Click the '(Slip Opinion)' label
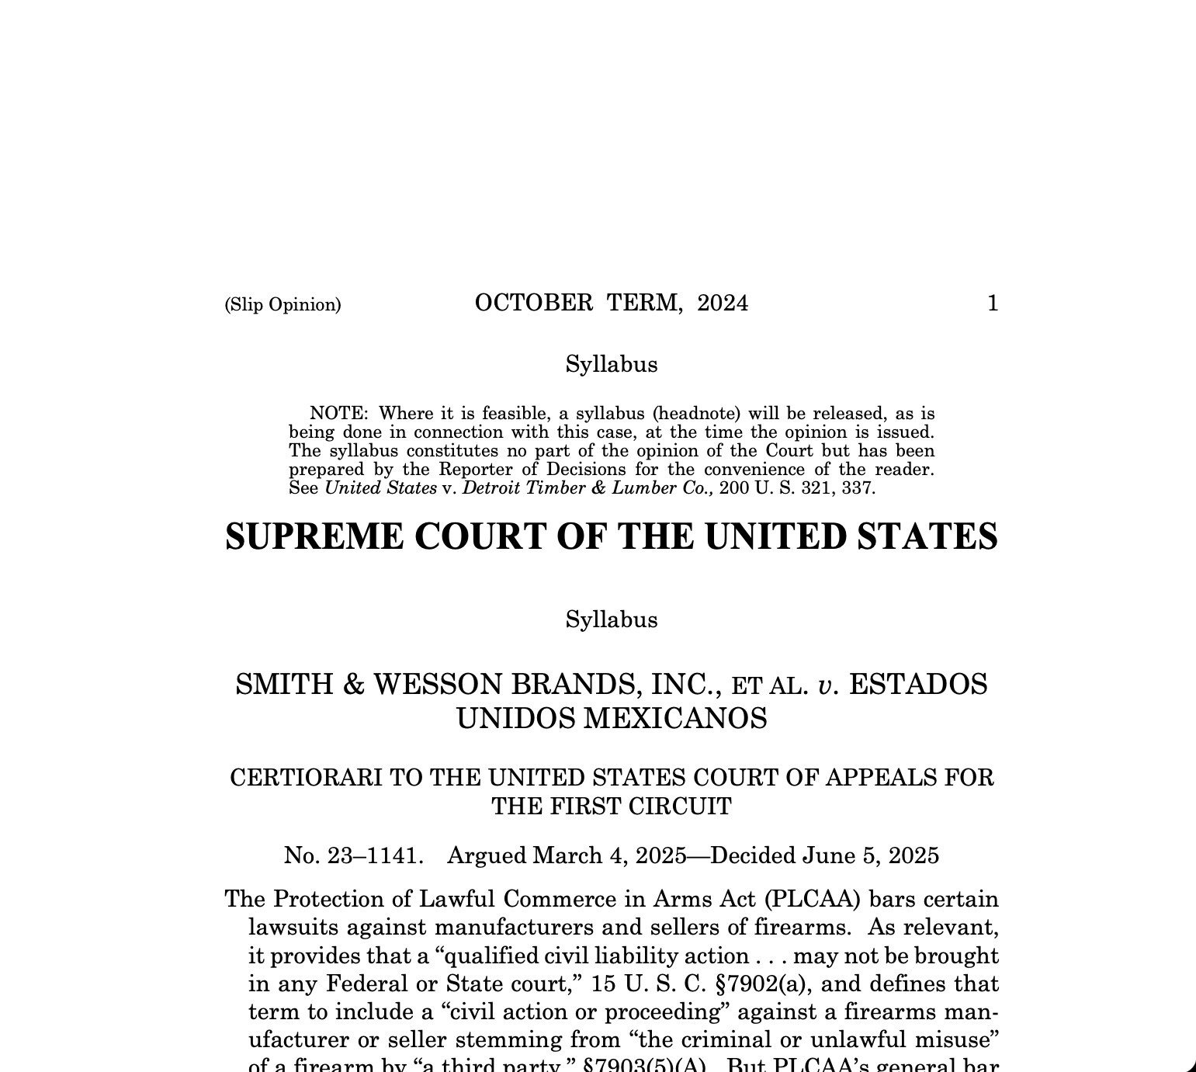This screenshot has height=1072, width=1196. point(283,304)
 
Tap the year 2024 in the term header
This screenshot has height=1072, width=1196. point(723,303)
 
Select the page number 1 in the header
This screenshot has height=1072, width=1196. point(992,304)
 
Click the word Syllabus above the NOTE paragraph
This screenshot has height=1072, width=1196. point(611,364)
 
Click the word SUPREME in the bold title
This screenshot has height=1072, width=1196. point(314,536)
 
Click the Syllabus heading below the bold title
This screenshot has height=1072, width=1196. point(611,619)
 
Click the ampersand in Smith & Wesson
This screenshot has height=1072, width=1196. point(353,685)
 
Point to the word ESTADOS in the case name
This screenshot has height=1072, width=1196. point(918,685)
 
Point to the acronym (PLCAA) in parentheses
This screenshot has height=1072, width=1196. point(812,899)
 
